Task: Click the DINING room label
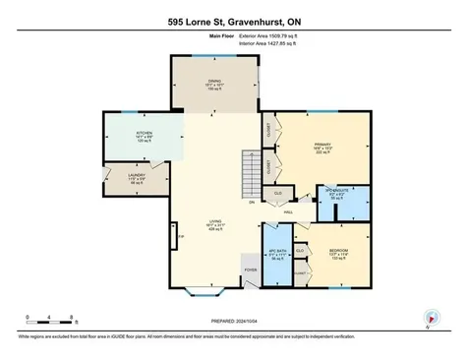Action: coord(213,82)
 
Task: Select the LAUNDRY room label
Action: coord(137,176)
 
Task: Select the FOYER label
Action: coord(251,269)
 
